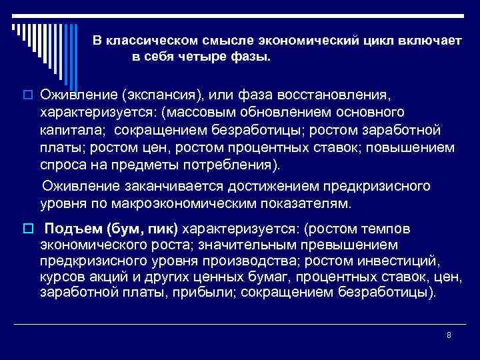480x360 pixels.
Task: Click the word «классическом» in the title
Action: (143, 41)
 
